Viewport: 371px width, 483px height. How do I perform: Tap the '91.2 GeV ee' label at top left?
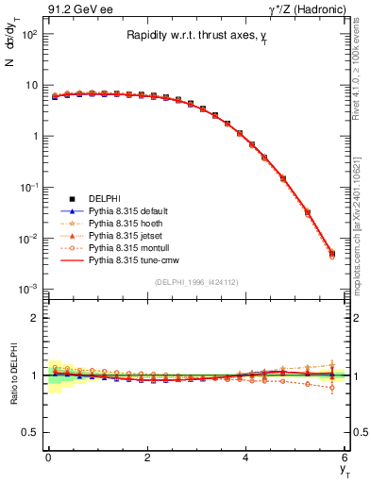point(76,10)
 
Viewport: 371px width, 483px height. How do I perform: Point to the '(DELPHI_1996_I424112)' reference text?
point(196,281)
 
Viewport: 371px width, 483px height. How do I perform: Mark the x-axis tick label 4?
point(246,457)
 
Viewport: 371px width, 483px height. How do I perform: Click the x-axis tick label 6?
point(346,457)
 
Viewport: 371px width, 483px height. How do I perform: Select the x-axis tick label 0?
point(48,457)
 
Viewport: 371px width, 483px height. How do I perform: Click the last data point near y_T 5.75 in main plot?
point(331,253)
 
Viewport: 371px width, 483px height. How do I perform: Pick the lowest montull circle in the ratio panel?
point(331,388)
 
